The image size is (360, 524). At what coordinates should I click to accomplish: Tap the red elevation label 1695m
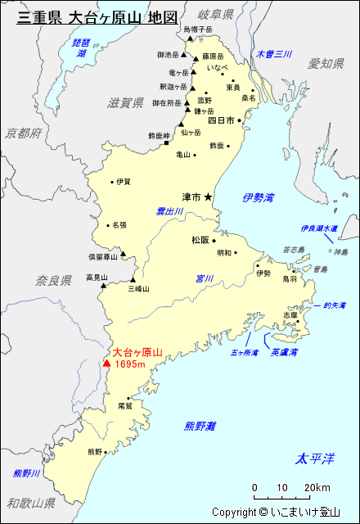pyautogui.click(x=130, y=364)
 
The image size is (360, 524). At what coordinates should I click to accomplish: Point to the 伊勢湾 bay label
pyautogui.click(x=259, y=197)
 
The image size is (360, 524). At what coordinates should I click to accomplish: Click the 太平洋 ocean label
pyautogui.click(x=316, y=458)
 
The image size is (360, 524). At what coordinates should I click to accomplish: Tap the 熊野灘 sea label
pyautogui.click(x=200, y=426)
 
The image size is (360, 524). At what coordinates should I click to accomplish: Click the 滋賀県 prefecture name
pyautogui.click(x=125, y=103)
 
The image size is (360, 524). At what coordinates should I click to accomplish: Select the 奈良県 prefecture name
pyautogui.click(x=53, y=281)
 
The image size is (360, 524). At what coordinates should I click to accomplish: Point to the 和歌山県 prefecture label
pyautogui.click(x=27, y=503)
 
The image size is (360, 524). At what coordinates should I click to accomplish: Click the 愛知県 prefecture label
pyautogui.click(x=326, y=63)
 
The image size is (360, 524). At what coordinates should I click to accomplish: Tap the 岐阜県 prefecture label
pyautogui.click(x=216, y=15)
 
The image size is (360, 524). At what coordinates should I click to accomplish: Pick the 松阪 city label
pyautogui.click(x=200, y=241)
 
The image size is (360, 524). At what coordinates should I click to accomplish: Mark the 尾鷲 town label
pyautogui.click(x=125, y=405)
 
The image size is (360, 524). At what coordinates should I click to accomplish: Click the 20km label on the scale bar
pyautogui.click(x=317, y=488)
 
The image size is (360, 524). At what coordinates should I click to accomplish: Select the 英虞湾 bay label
pyautogui.click(x=284, y=352)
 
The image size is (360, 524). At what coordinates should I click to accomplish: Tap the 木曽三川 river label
pyautogui.click(x=273, y=54)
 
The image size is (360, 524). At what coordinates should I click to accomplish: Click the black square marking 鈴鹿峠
pyautogui.click(x=166, y=143)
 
